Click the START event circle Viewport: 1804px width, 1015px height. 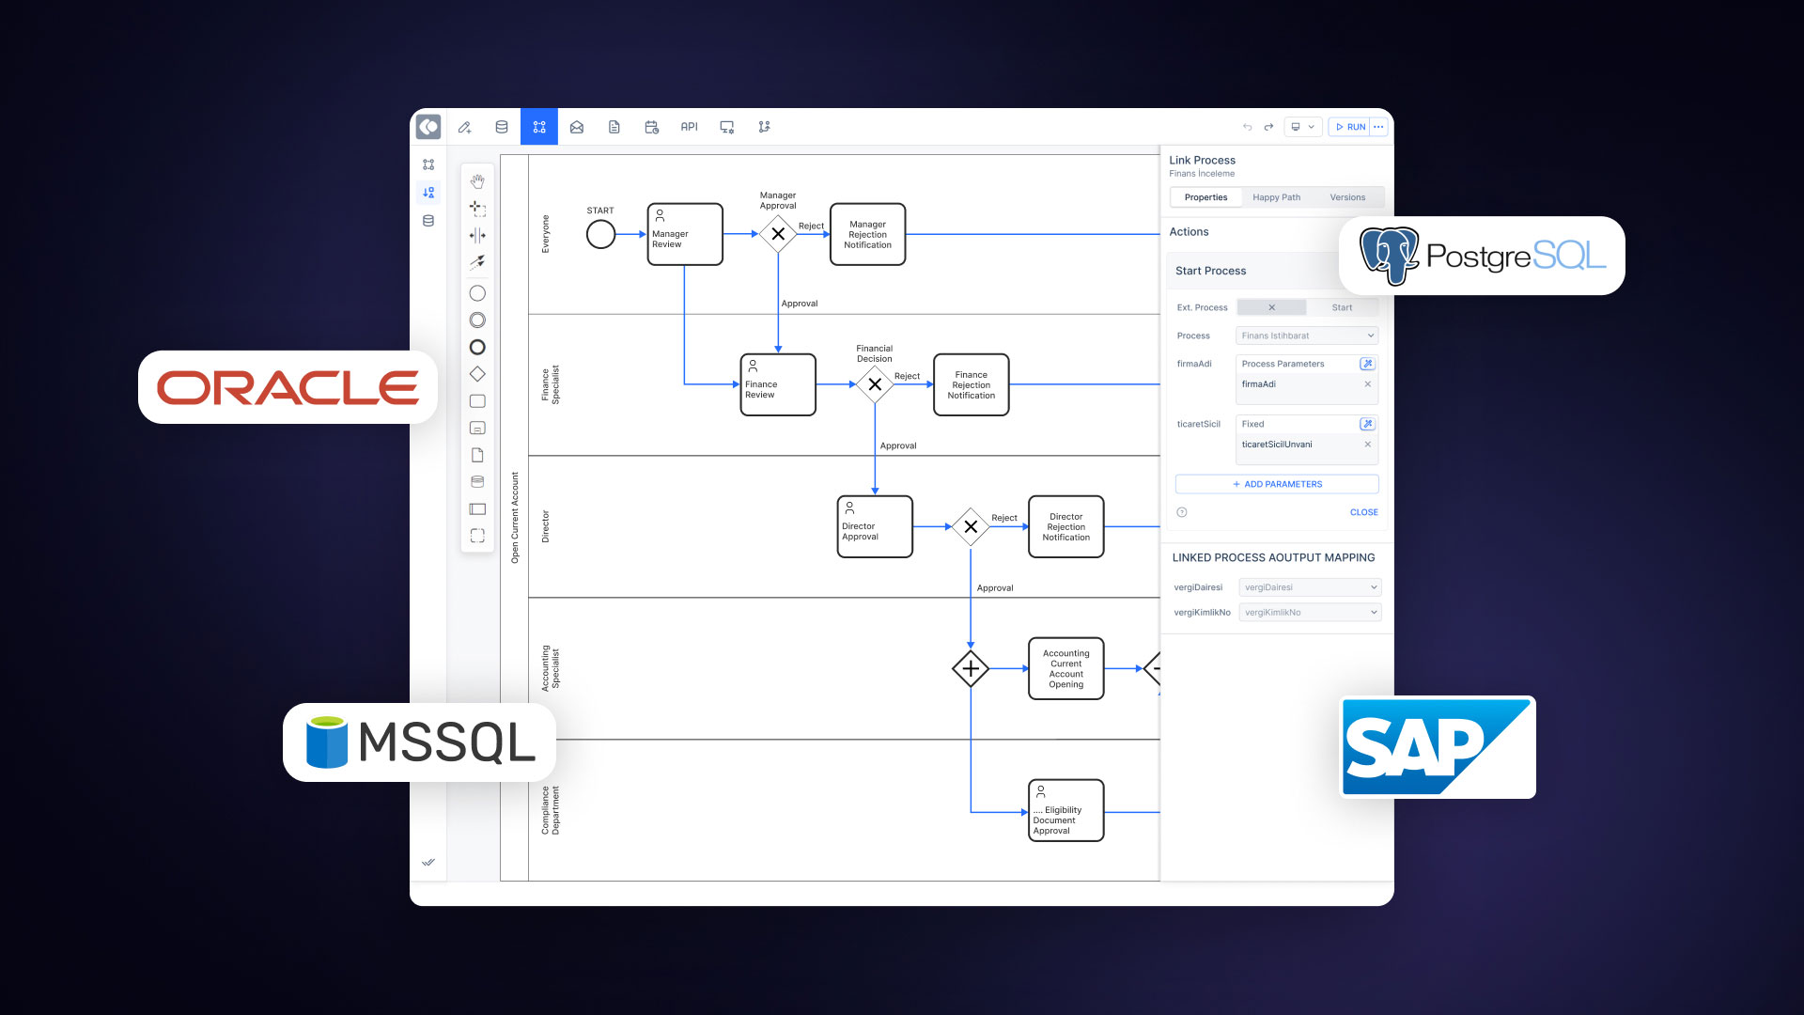[600, 234]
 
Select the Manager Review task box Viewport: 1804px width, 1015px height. [685, 234]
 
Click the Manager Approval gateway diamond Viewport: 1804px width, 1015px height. [778, 234]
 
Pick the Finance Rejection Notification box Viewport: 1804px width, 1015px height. [971, 384]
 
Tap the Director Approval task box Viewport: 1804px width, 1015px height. [875, 526]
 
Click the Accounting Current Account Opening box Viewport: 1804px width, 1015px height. [1065, 668]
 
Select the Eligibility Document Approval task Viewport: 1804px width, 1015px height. [1065, 810]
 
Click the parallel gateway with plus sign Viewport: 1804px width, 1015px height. [971, 668]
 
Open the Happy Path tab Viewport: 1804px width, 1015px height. [1276, 197]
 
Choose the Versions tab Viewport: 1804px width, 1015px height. [1347, 197]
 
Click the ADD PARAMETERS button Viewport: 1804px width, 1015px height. [1277, 484]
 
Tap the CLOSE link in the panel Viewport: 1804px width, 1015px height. [1363, 512]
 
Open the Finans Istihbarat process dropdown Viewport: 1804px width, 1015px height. [1307, 336]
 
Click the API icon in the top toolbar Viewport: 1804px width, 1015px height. [689, 127]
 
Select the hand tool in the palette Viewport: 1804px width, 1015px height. [477, 180]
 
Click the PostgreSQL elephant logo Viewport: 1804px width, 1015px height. [1389, 255]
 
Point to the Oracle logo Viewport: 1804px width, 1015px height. [288, 387]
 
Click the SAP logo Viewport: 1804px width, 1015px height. [1437, 747]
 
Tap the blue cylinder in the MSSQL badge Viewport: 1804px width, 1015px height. [327, 742]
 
